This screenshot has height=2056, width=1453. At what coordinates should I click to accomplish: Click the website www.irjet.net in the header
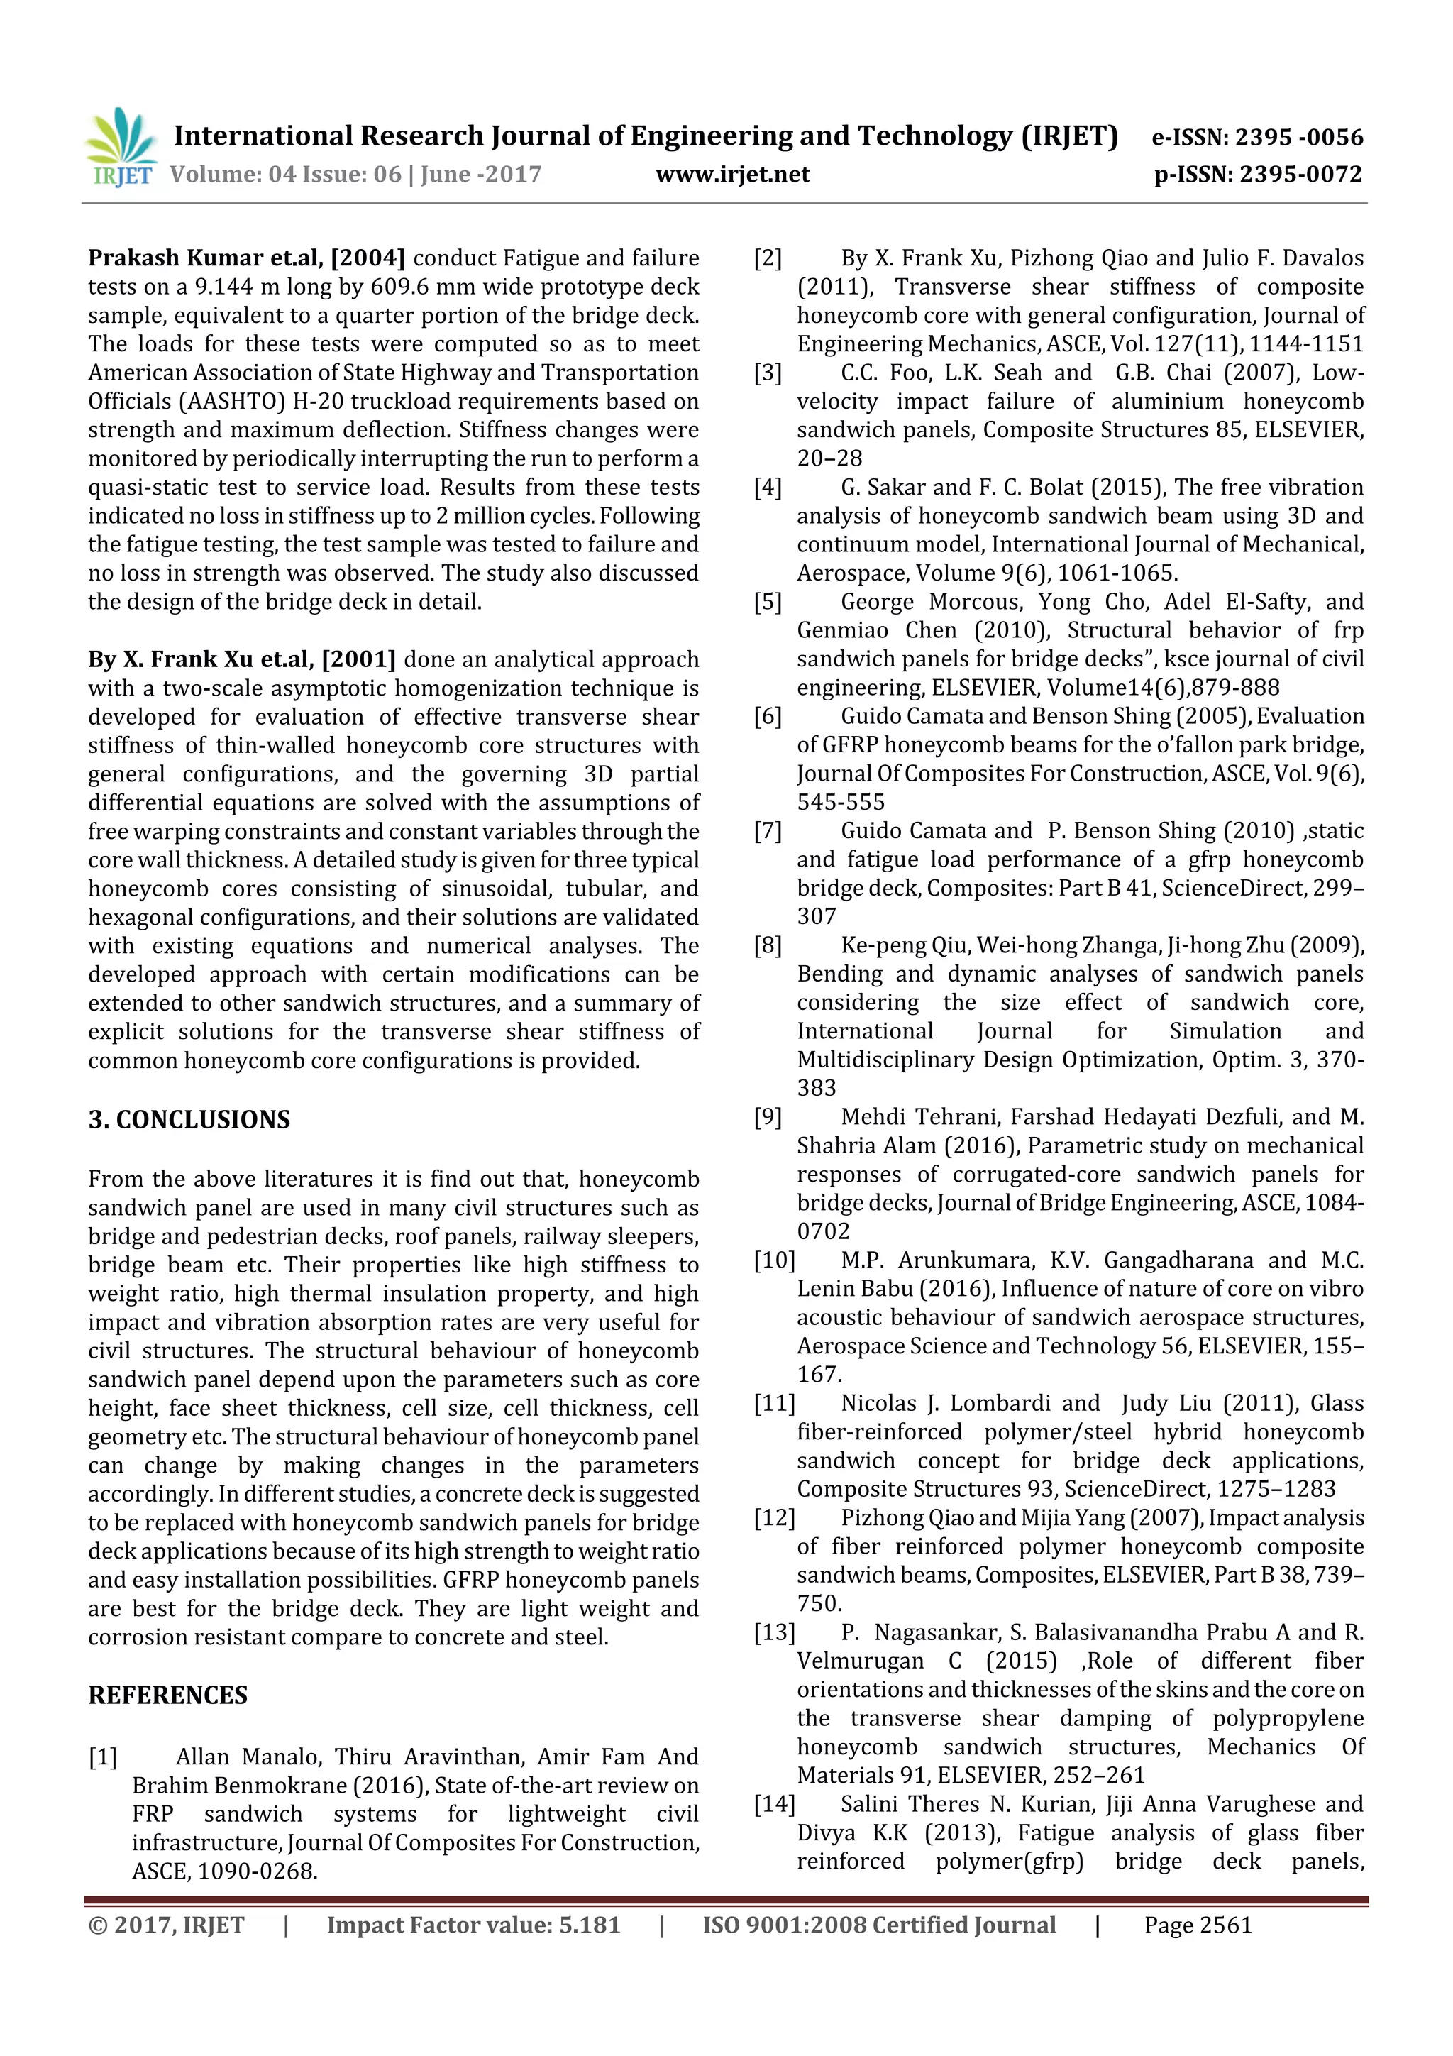click(x=732, y=175)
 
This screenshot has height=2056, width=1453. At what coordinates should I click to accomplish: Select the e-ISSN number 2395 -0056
click(x=1299, y=138)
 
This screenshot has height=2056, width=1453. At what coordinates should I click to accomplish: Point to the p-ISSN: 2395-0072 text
click(x=1258, y=175)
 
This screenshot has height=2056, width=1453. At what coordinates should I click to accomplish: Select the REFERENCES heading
click(x=167, y=1695)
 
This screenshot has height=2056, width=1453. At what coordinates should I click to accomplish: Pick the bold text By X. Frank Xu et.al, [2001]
click(x=242, y=660)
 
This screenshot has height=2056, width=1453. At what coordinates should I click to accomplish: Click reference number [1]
click(x=103, y=1757)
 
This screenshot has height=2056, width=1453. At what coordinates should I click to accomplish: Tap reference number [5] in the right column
click(x=768, y=602)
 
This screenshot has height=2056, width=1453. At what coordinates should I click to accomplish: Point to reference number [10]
click(x=775, y=1260)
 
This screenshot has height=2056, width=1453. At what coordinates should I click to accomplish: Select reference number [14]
click(x=775, y=1803)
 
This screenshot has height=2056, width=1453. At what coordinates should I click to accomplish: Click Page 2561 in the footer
click(x=1198, y=1925)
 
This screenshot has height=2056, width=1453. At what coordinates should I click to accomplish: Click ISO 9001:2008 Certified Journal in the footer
click(x=878, y=1925)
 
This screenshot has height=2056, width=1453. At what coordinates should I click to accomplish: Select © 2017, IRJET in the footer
click(x=167, y=1925)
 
